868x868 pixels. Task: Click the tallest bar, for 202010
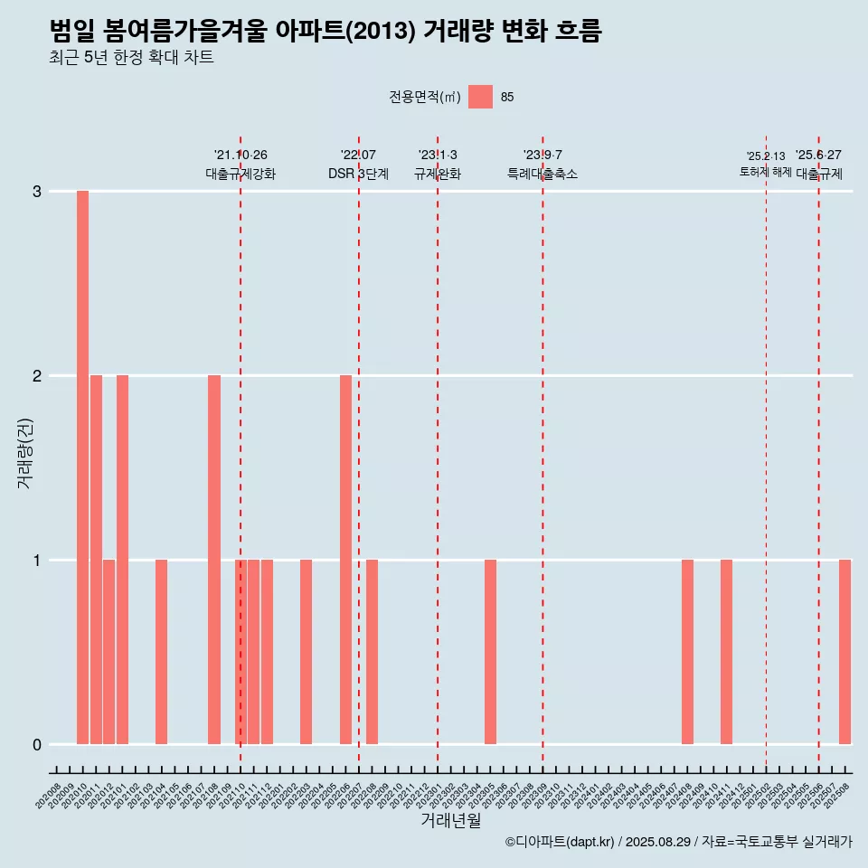[82, 467]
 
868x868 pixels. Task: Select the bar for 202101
[122, 560]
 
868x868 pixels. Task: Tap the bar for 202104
[161, 652]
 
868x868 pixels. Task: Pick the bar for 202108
[214, 560]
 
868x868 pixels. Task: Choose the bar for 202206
[345, 560]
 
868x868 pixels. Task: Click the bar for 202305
[490, 652]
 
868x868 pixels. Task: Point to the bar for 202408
[687, 652]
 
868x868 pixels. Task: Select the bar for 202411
[726, 652]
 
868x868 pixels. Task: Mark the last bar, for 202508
[844, 652]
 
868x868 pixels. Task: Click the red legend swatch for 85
[480, 97]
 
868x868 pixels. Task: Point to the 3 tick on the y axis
[38, 192]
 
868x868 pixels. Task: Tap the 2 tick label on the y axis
[38, 376]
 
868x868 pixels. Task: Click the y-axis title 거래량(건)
[25, 452]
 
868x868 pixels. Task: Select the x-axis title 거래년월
[450, 820]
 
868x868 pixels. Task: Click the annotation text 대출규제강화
[241, 174]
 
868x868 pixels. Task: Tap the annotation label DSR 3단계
[358, 174]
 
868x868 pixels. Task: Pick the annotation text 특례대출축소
[542, 174]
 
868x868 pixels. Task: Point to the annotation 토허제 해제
[765, 172]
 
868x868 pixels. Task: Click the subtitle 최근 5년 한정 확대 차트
[132, 58]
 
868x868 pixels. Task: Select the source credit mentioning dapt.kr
[678, 842]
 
